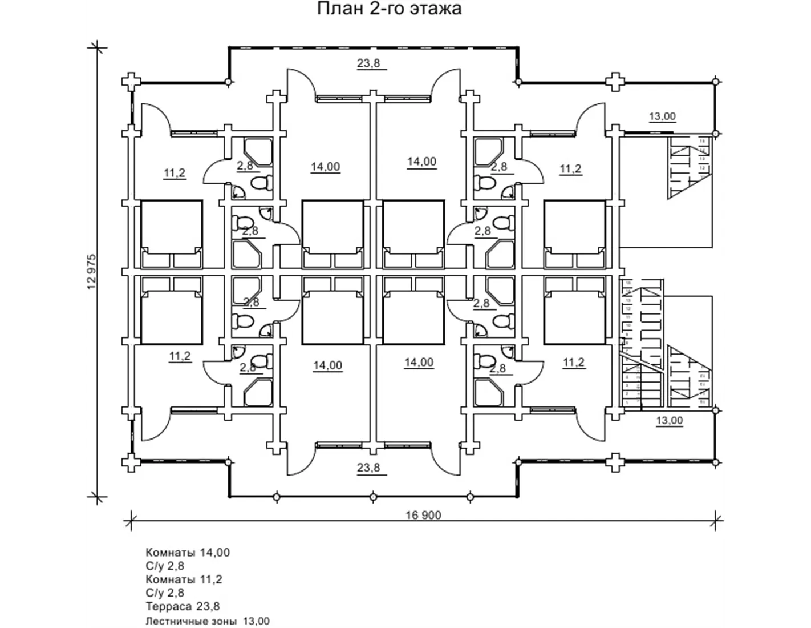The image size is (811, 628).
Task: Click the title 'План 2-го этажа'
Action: click(389, 9)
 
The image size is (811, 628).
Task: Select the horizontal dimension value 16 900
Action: click(423, 515)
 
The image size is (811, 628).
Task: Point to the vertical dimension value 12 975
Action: click(92, 272)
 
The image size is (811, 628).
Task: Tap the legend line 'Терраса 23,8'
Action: click(183, 606)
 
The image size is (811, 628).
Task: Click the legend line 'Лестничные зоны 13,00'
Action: click(208, 621)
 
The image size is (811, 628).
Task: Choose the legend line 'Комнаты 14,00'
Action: click(188, 552)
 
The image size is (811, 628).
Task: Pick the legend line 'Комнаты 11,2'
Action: click(184, 579)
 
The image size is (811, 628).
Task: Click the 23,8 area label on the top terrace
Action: click(368, 63)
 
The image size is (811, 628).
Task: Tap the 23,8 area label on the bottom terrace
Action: click(368, 468)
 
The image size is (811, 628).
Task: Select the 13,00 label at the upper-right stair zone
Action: click(662, 116)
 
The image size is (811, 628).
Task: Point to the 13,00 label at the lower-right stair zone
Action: click(669, 421)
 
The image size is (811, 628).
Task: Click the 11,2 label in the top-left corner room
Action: click(175, 173)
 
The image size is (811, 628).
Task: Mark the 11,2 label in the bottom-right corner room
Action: click(574, 363)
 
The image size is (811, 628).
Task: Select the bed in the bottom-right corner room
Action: click(575, 311)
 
